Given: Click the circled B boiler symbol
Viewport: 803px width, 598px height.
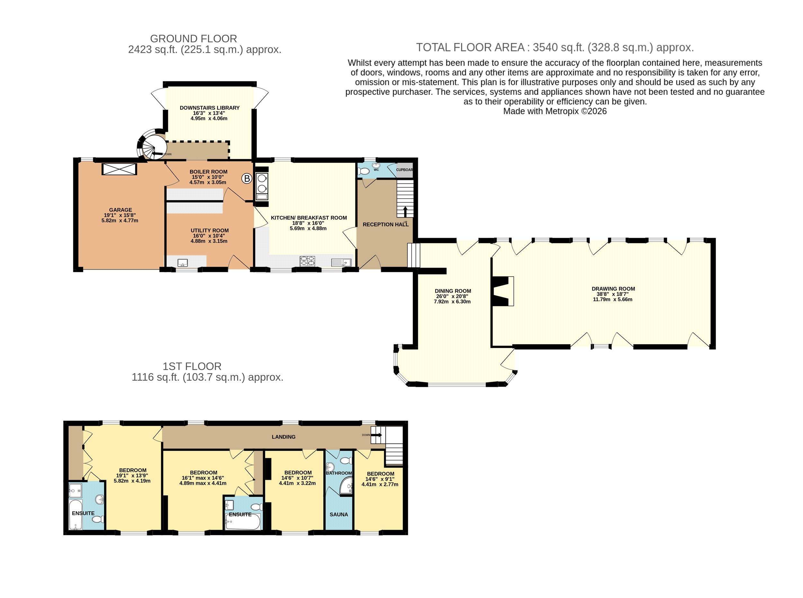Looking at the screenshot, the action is tap(247, 178).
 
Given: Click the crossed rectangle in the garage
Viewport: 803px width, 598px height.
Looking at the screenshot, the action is tap(119, 169).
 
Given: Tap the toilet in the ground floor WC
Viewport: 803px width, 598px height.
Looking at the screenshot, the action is tap(364, 171).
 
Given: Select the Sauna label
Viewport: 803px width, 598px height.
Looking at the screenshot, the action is tap(339, 514).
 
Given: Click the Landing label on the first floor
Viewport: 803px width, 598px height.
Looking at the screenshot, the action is tap(284, 437).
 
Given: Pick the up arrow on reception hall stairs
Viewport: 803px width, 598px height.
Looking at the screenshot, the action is tap(405, 211).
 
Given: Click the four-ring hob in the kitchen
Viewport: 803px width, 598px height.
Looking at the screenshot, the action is tap(307, 261).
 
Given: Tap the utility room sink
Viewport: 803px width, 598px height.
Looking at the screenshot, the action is tap(182, 263).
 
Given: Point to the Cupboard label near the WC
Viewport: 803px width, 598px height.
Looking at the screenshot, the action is tap(404, 170).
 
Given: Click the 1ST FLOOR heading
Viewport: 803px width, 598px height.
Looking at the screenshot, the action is tap(192, 366).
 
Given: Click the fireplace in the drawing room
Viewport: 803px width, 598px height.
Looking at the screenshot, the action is tap(503, 291).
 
